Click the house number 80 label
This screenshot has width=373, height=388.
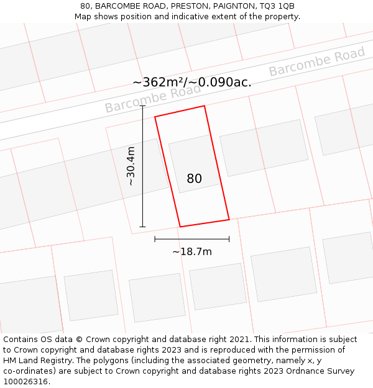[x=194, y=179]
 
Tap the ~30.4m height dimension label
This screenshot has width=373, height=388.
[x=131, y=166]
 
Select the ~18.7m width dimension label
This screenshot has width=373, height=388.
[x=192, y=251]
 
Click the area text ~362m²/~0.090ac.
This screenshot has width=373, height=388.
[x=192, y=82]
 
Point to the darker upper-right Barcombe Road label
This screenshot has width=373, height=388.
[x=317, y=62]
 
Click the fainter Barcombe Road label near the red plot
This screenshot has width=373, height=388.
[x=153, y=97]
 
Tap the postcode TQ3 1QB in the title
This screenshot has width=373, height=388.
[x=277, y=6]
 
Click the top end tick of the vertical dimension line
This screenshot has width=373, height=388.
[x=142, y=106]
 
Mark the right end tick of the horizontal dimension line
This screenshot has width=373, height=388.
[x=229, y=239]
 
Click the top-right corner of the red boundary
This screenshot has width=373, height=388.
[x=205, y=106]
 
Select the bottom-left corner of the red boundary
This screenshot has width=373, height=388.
[x=180, y=227]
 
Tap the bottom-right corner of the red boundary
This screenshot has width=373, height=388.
[x=229, y=219]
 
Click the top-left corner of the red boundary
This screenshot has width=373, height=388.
[x=155, y=117]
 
